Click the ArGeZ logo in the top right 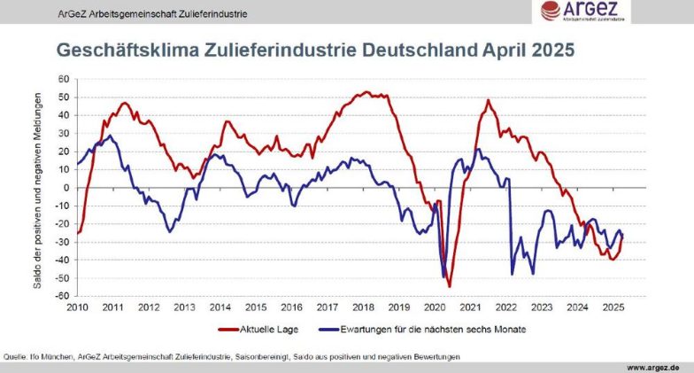pyautogui.click(x=581, y=12)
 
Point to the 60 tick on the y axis pyautogui.click(x=63, y=79)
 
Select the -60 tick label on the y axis pyautogui.click(x=61, y=296)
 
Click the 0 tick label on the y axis pyautogui.click(x=65, y=188)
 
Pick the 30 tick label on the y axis pyautogui.click(x=63, y=133)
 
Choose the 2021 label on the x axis pyautogui.click(x=470, y=307)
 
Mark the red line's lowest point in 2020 pyautogui.click(x=449, y=286)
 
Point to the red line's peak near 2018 pyautogui.click(x=366, y=92)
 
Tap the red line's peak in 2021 pyautogui.click(x=488, y=100)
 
